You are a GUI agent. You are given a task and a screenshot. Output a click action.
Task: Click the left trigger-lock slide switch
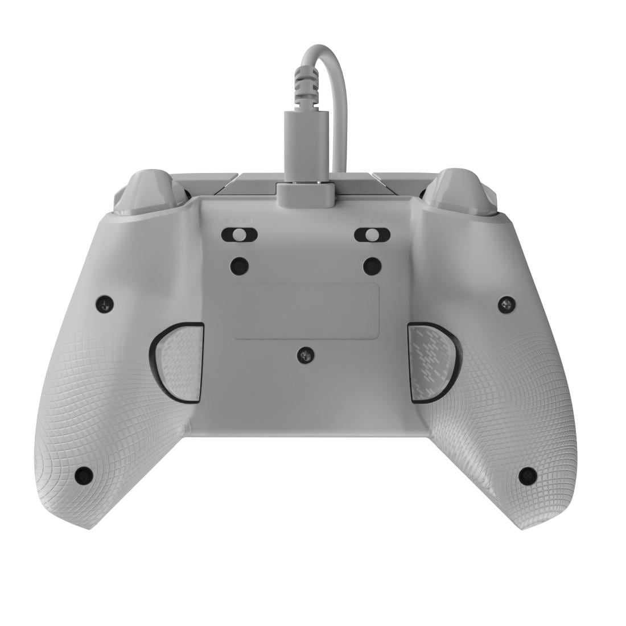coord(240,234)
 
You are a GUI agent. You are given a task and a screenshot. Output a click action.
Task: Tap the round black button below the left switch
coord(240,265)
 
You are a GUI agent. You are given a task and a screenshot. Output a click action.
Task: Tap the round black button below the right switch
coord(372,265)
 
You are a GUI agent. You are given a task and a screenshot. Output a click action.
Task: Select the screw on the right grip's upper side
coord(506,304)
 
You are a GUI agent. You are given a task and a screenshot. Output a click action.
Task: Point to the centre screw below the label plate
coord(306,355)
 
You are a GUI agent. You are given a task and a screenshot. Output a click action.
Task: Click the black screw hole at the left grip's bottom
coord(84,475)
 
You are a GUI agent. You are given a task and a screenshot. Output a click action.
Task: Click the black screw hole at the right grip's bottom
coord(528,475)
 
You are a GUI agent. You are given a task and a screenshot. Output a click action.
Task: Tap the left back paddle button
coord(179,361)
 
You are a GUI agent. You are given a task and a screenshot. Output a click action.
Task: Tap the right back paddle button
coord(433,361)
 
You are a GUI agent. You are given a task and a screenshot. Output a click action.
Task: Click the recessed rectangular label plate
coord(306,311)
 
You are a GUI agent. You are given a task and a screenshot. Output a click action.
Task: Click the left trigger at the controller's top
coord(150,191)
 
